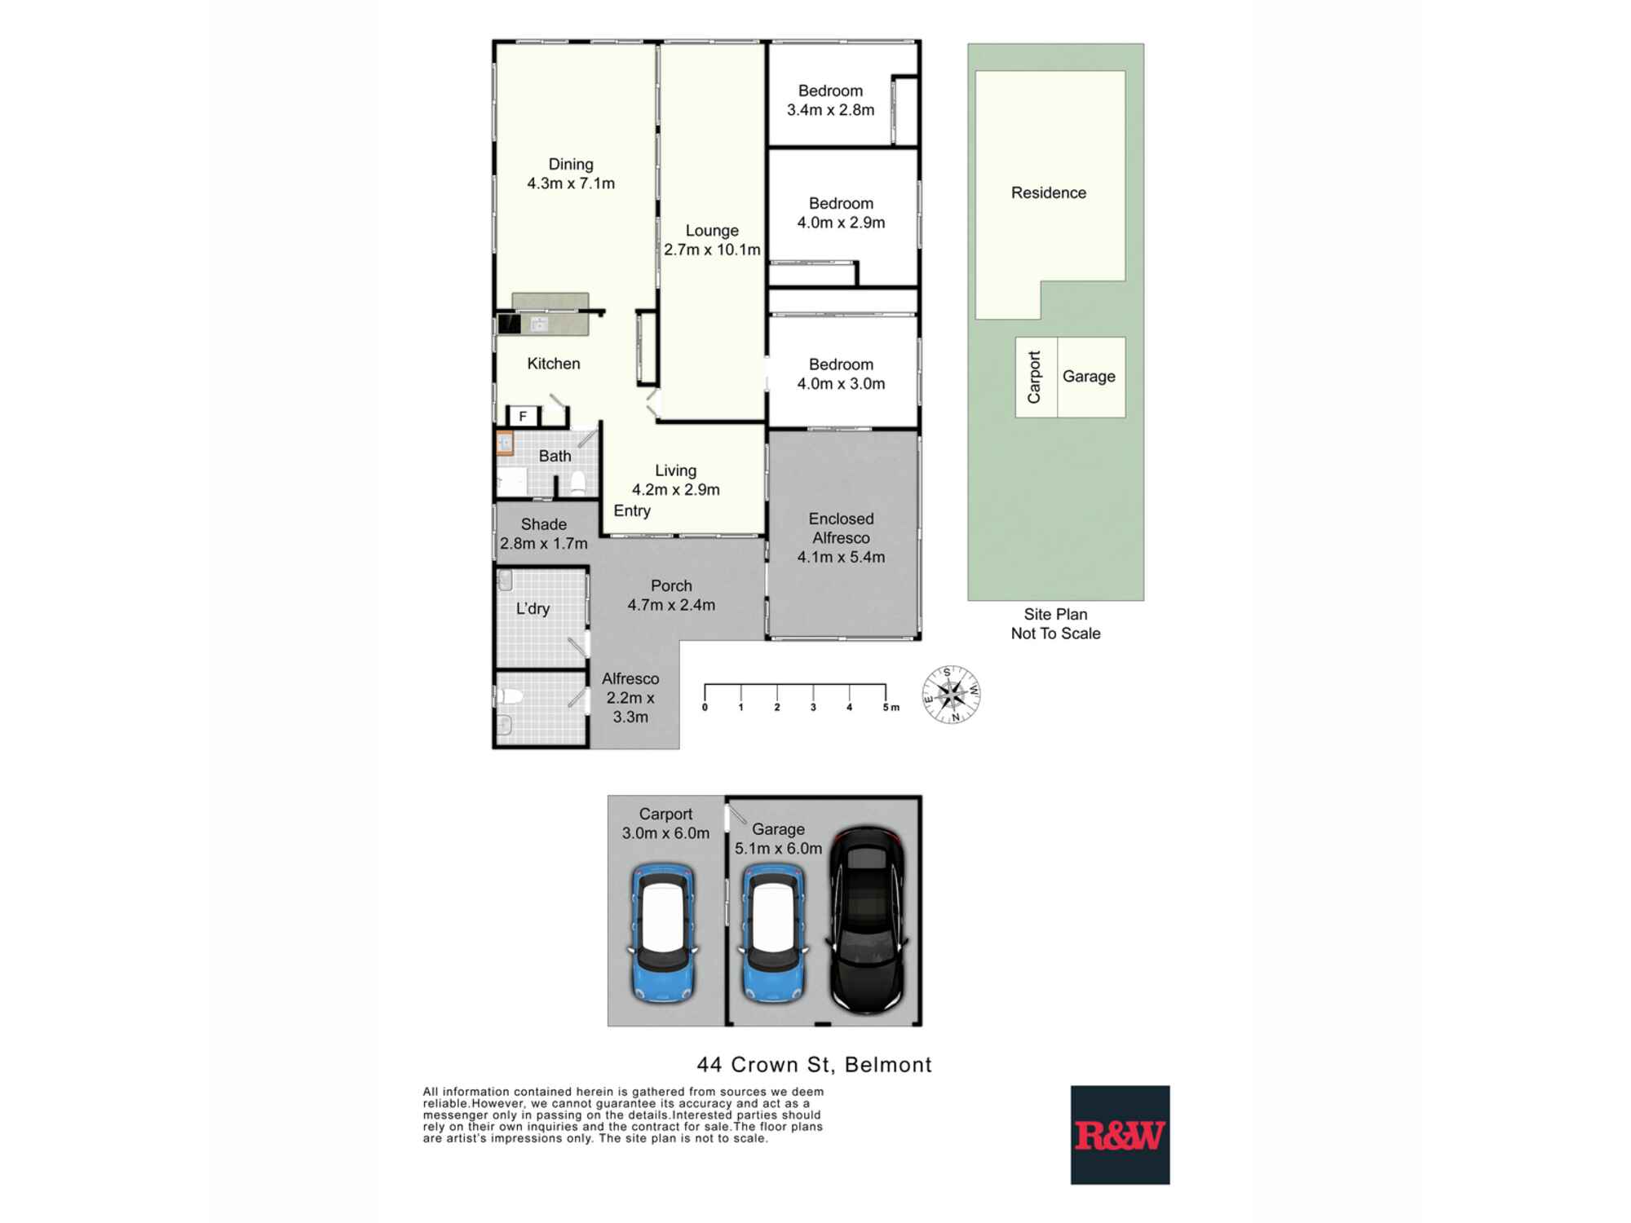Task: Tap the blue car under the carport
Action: click(662, 933)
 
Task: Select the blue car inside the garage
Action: click(772, 933)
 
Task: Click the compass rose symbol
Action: click(951, 695)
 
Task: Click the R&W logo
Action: click(1120, 1134)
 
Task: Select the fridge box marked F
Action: click(523, 416)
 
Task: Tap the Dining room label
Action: click(571, 174)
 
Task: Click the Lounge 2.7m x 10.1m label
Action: click(712, 240)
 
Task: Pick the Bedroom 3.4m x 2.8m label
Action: click(830, 100)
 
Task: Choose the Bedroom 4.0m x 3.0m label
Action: click(841, 374)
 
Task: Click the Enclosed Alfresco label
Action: click(841, 537)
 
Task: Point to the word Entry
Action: click(632, 510)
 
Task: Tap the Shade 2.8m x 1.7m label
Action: click(543, 533)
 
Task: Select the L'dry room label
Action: click(533, 608)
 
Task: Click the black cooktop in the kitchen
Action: click(510, 324)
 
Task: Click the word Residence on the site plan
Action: click(1048, 192)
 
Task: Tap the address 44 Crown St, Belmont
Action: click(814, 1065)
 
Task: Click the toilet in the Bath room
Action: click(578, 482)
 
